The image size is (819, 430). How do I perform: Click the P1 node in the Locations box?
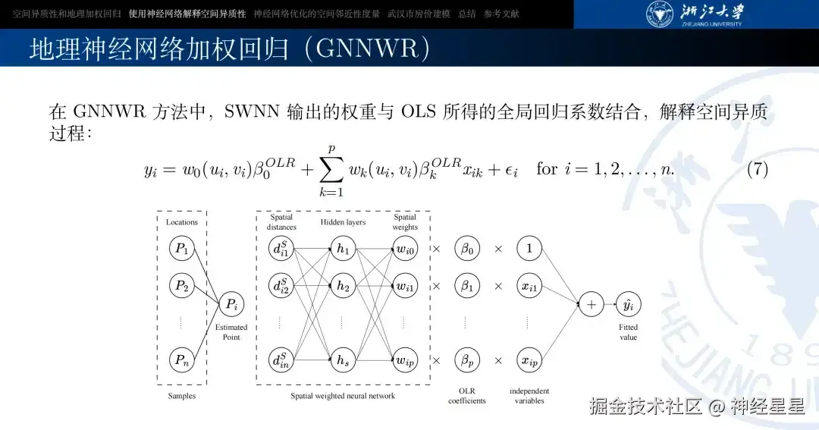[x=180, y=248]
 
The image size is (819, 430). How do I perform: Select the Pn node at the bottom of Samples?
[x=180, y=360]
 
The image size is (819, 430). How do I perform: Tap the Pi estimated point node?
[x=231, y=305]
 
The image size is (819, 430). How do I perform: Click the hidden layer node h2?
[x=342, y=286]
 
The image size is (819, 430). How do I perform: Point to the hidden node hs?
[x=342, y=360]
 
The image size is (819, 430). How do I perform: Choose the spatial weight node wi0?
[x=405, y=248]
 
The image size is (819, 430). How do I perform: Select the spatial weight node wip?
[x=405, y=360]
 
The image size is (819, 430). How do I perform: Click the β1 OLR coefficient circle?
[x=466, y=286]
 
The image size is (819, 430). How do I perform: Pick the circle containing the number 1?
[x=529, y=248]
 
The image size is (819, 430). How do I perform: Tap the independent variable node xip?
[x=529, y=360]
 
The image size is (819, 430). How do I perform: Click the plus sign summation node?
[x=591, y=305]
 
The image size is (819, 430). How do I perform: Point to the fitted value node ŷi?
[x=628, y=305]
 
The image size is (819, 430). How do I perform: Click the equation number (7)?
[x=758, y=168]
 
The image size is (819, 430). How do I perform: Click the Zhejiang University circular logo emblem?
[x=659, y=14]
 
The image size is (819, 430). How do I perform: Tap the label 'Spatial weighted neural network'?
[x=343, y=396]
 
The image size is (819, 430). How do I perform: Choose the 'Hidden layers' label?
[x=343, y=222]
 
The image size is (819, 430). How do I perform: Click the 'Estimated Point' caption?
[x=231, y=332]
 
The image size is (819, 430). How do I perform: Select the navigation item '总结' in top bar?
[x=467, y=14]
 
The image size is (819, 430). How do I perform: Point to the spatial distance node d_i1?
[x=280, y=248]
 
